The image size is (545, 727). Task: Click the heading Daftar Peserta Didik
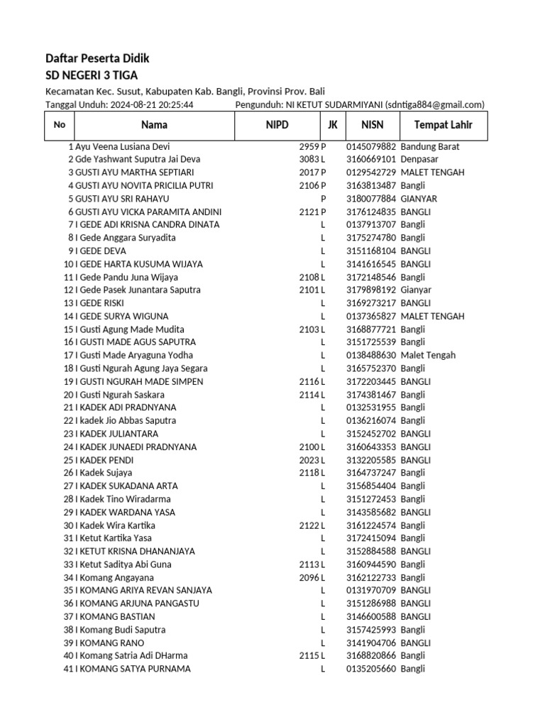pyautogui.click(x=97, y=59)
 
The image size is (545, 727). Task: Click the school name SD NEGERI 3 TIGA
pyautogui.click(x=92, y=76)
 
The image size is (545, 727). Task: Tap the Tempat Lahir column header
pyautogui.click(x=436, y=126)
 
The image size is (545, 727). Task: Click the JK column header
pyautogui.click(x=332, y=126)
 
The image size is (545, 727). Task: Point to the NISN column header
pyautogui.click(x=372, y=126)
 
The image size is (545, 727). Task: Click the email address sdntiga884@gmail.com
pyautogui.click(x=434, y=104)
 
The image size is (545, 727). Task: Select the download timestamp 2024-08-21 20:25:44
pyautogui.click(x=152, y=104)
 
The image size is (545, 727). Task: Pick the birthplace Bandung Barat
pyautogui.click(x=430, y=146)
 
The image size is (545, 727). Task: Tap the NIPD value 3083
pyautogui.click(x=309, y=160)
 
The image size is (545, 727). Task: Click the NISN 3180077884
pyautogui.click(x=371, y=199)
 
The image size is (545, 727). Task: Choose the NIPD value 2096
pyautogui.click(x=309, y=578)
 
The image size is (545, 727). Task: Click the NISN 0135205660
pyautogui.click(x=371, y=669)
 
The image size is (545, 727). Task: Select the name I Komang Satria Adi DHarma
pyautogui.click(x=132, y=656)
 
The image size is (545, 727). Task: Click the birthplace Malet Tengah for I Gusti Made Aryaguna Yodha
pyautogui.click(x=428, y=355)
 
